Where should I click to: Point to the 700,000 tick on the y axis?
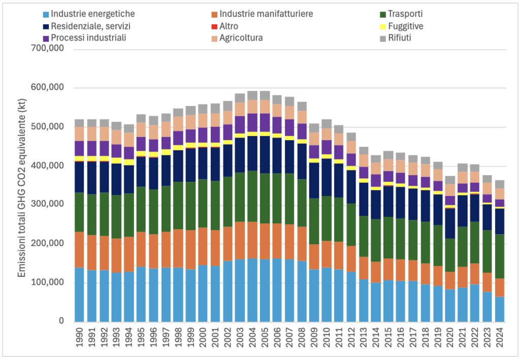coord(47,49)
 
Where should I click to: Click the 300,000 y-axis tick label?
coord(47,205)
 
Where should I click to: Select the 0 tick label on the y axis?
coord(61,321)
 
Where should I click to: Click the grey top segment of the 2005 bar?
coord(265,95)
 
